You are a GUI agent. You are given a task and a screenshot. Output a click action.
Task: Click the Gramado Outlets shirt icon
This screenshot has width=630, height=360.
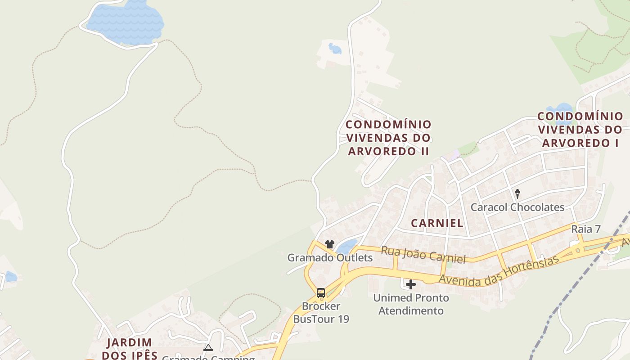click(330, 244)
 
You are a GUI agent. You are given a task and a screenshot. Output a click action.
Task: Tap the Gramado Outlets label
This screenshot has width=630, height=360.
click(330, 258)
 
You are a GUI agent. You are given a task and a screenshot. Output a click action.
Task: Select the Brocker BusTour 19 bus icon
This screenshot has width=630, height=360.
click(321, 293)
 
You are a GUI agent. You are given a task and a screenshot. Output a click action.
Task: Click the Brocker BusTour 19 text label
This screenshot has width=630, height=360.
click(321, 312)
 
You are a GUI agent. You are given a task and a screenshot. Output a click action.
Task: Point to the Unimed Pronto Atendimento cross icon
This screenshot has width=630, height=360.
click(411, 284)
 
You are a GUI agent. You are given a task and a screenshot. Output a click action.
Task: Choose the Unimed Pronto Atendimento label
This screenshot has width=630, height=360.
click(411, 304)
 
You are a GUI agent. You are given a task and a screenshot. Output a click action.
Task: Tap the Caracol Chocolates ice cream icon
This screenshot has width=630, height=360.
click(517, 194)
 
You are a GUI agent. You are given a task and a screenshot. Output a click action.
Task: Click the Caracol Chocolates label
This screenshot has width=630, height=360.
click(517, 207)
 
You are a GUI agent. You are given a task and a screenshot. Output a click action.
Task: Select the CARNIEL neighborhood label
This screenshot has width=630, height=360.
click(437, 223)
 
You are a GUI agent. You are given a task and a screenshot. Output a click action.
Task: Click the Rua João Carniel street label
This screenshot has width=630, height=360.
click(423, 255)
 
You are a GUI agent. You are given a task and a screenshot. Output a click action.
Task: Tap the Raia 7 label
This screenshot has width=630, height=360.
click(586, 229)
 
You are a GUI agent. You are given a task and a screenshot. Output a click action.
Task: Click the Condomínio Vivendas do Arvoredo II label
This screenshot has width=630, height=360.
click(388, 138)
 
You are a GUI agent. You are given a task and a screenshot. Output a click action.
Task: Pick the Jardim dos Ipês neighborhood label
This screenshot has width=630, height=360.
click(130, 349)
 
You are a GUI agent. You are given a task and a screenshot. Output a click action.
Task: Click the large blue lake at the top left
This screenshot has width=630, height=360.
click(126, 22)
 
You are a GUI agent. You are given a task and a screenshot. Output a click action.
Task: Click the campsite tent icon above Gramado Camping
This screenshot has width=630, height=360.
click(208, 347)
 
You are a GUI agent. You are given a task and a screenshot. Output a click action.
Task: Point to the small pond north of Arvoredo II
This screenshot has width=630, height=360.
click(335, 48)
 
